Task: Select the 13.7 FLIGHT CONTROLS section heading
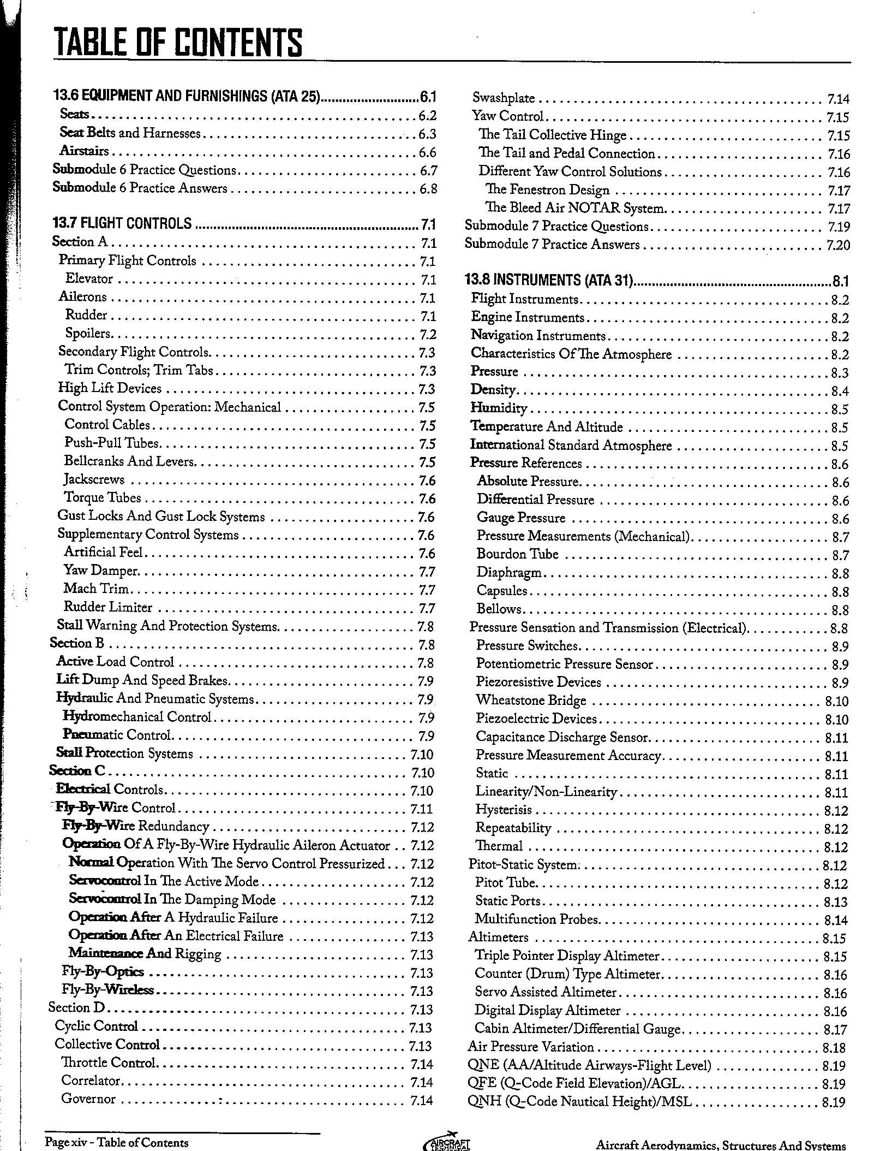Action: click(x=122, y=223)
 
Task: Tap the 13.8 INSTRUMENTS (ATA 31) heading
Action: click(x=549, y=280)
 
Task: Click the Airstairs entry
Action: click(x=85, y=151)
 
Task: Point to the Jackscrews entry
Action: click(x=94, y=480)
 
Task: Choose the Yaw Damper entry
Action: click(x=101, y=571)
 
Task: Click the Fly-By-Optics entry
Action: click(x=103, y=972)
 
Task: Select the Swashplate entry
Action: click(x=504, y=98)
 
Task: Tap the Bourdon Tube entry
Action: click(x=518, y=554)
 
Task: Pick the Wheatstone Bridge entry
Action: click(x=531, y=701)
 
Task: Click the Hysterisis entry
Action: click(x=504, y=810)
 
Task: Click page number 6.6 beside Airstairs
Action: click(x=427, y=152)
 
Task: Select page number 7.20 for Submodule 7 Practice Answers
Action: click(x=838, y=245)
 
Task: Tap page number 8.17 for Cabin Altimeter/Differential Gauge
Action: click(x=835, y=1030)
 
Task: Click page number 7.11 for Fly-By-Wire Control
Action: click(x=421, y=809)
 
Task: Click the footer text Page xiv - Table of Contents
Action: click(x=117, y=1142)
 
